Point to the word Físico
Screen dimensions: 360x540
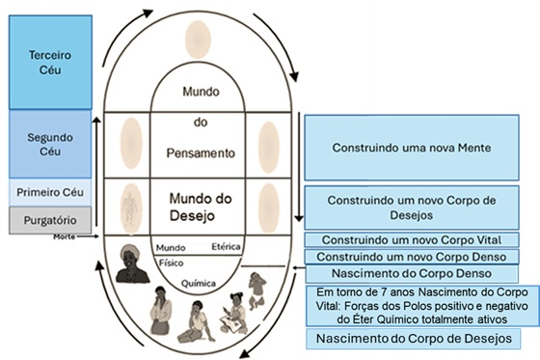172,261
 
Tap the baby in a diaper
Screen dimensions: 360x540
259,288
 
